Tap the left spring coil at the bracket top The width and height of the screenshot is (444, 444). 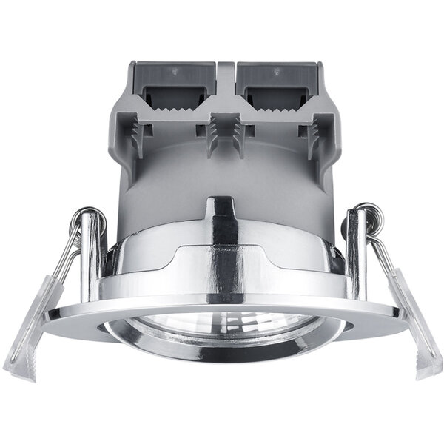(x=90, y=215)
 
